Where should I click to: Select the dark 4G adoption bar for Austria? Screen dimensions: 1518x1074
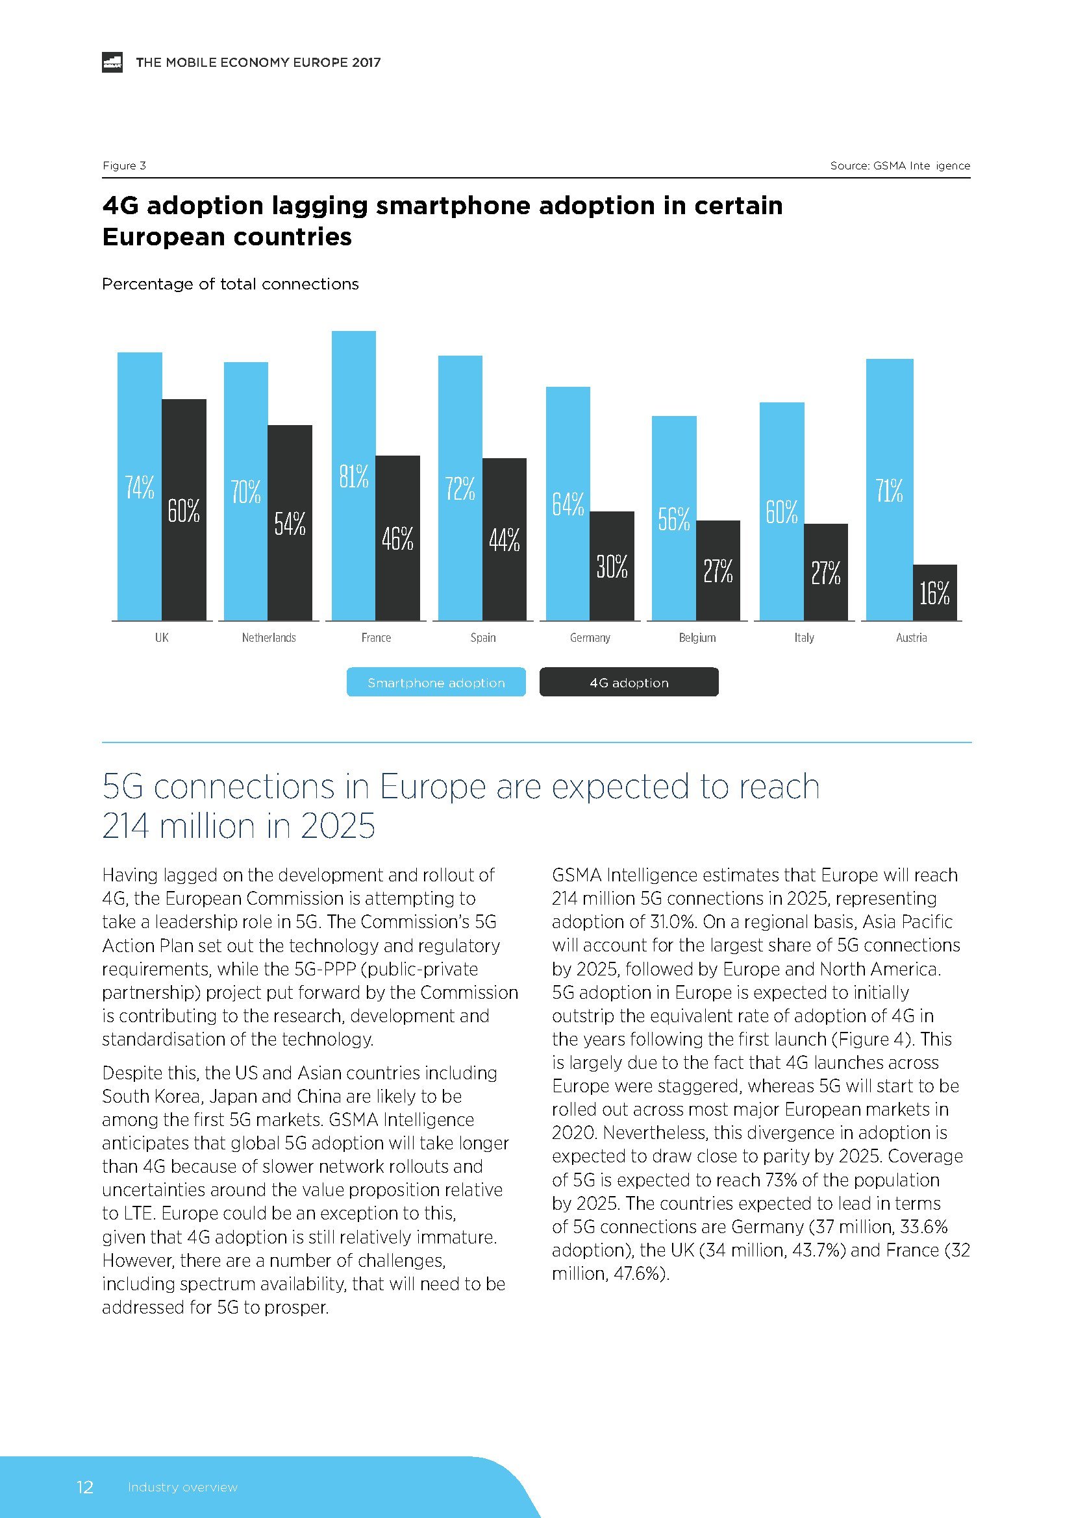[x=934, y=593]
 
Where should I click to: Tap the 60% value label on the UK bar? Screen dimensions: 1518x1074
[x=183, y=510]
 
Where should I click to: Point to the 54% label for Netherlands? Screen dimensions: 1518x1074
[x=290, y=524]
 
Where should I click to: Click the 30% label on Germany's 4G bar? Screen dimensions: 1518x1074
[x=612, y=567]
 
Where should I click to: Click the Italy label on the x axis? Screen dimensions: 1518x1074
[x=804, y=638]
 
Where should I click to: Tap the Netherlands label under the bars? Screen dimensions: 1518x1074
[x=269, y=638]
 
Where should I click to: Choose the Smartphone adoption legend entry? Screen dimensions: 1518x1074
[x=436, y=682]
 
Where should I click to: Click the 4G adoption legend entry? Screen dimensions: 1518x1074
[x=629, y=682]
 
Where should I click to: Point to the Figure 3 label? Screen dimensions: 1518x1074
[x=123, y=165]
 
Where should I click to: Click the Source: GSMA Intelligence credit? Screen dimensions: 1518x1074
[x=900, y=165]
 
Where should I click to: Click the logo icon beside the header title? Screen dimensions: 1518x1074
[x=112, y=62]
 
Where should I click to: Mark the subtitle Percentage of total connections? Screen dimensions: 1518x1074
[x=230, y=284]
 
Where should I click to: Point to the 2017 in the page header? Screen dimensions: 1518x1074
[x=366, y=62]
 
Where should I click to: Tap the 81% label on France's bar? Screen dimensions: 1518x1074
[x=354, y=476]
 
